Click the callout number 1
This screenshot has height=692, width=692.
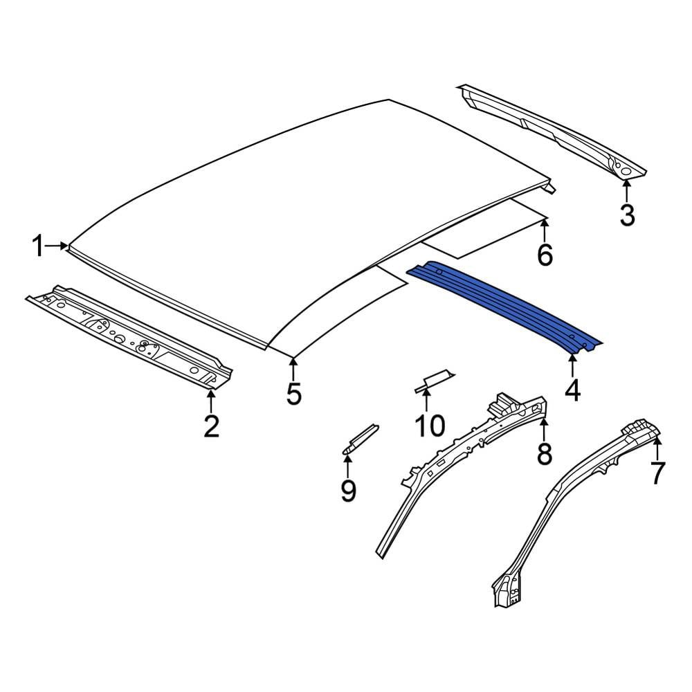coord(39,246)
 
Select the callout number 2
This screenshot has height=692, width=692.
coord(211,426)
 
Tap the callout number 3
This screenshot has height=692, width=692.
coord(627,215)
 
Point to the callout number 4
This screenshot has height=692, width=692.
coord(572,391)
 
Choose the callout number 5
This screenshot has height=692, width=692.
coord(293,394)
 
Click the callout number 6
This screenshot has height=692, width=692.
coord(545,255)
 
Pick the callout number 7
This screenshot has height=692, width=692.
coord(657,473)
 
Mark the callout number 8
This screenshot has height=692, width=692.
coord(544,453)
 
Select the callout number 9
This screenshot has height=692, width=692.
coord(348,491)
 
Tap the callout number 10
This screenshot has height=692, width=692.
coord(430,426)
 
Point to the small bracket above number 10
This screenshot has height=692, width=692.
coord(434,381)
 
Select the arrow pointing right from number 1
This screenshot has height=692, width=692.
coord(57,246)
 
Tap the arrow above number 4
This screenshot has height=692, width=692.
coord(572,366)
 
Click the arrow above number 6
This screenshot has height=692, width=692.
coord(545,230)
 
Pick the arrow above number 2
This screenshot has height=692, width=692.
coord(211,401)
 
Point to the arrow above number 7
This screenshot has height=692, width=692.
coord(657,448)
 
